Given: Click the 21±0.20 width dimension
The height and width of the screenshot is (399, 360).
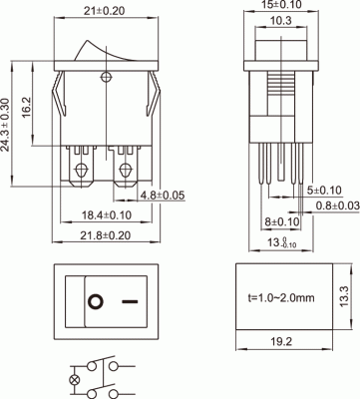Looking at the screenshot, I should pyautogui.click(x=105, y=10).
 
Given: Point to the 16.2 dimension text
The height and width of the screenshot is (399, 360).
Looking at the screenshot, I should pyautogui.click(x=31, y=103).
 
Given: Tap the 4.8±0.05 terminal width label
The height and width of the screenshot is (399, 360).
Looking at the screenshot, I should pyautogui.click(x=162, y=194).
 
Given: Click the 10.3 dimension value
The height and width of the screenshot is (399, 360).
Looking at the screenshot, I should pyautogui.click(x=281, y=21).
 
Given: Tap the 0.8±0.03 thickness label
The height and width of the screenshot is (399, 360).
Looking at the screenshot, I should pyautogui.click(x=335, y=204).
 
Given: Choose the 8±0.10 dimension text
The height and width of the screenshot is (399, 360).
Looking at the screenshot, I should pyautogui.click(x=282, y=221).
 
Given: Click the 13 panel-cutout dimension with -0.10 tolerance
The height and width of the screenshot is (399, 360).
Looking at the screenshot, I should pyautogui.click(x=284, y=240).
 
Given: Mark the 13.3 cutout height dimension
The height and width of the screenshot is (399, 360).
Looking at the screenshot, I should pyautogui.click(x=346, y=296).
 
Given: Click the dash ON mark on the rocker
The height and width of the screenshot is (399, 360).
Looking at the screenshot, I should pyautogui.click(x=129, y=298).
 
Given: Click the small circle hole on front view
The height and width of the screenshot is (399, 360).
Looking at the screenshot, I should pyautogui.click(x=106, y=74).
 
